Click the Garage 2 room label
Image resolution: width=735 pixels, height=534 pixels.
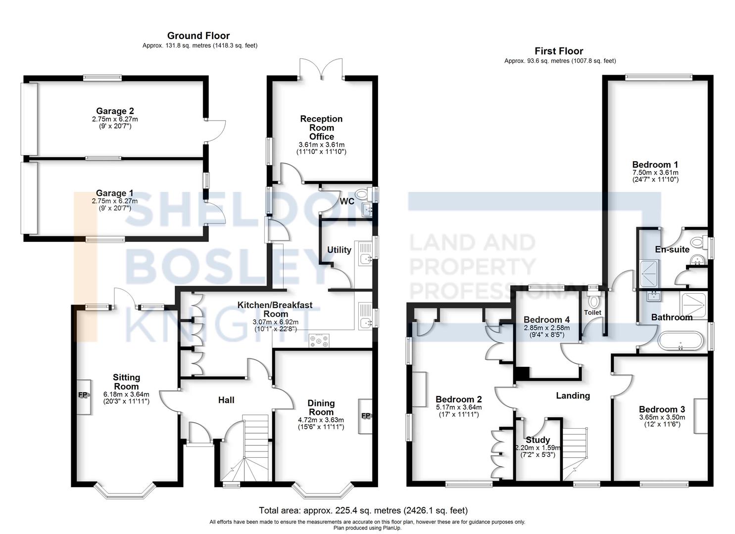tap(115, 111)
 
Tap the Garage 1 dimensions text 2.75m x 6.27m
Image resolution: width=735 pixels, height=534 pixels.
tap(115, 201)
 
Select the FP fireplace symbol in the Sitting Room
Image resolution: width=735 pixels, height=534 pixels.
tap(83, 395)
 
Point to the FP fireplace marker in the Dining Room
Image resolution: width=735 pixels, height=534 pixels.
tap(366, 416)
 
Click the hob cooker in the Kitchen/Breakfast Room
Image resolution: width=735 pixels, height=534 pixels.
tap(319, 340)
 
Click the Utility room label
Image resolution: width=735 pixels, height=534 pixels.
tap(339, 250)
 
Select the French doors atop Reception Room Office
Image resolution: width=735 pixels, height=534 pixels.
tap(322, 69)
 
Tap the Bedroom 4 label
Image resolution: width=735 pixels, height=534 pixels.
tap(543, 320)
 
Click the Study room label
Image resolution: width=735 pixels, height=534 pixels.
tap(538, 440)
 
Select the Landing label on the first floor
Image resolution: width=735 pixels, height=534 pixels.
tap(573, 396)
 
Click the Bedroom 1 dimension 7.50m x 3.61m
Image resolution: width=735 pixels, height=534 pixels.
tap(655, 173)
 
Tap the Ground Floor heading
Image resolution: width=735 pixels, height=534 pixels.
tap(198, 36)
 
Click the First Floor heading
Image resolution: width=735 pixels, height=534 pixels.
tap(559, 51)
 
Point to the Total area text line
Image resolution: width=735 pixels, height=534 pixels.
tap(363, 510)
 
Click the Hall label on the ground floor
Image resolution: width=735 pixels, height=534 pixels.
tap(226, 400)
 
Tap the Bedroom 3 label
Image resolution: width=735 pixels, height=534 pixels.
tap(662, 409)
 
